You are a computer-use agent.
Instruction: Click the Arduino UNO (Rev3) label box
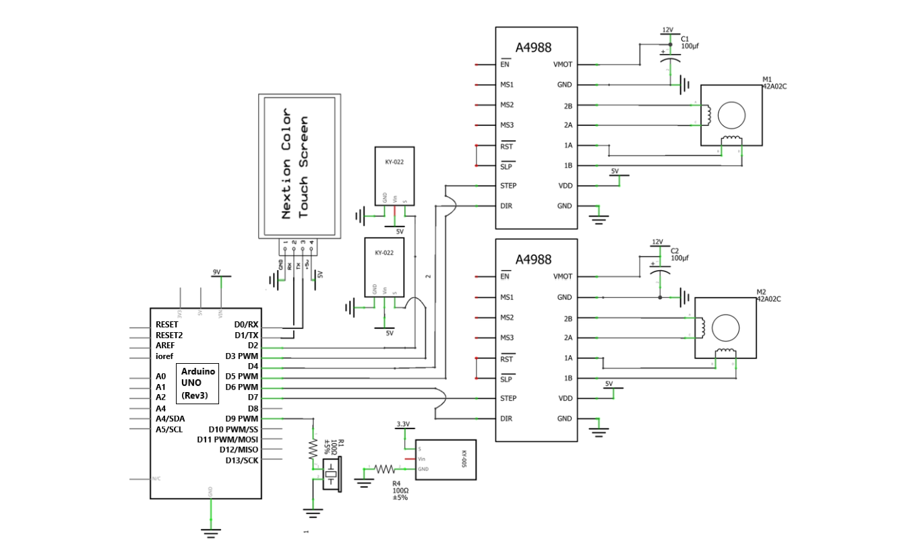[198, 383]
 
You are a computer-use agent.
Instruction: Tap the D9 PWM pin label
[242, 418]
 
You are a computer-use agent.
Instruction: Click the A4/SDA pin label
[170, 418]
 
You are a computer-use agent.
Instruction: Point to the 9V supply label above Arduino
[216, 271]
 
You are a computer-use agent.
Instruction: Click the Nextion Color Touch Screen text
[295, 163]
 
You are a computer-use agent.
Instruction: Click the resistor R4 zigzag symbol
[384, 468]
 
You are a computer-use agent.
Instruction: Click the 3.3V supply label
[402, 424]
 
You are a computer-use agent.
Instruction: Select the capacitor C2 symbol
[660, 271]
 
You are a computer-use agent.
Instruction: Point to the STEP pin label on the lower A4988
[508, 398]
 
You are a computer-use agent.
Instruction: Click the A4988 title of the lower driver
[533, 259]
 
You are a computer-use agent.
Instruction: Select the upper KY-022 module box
[394, 175]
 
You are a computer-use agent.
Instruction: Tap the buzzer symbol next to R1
[331, 474]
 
